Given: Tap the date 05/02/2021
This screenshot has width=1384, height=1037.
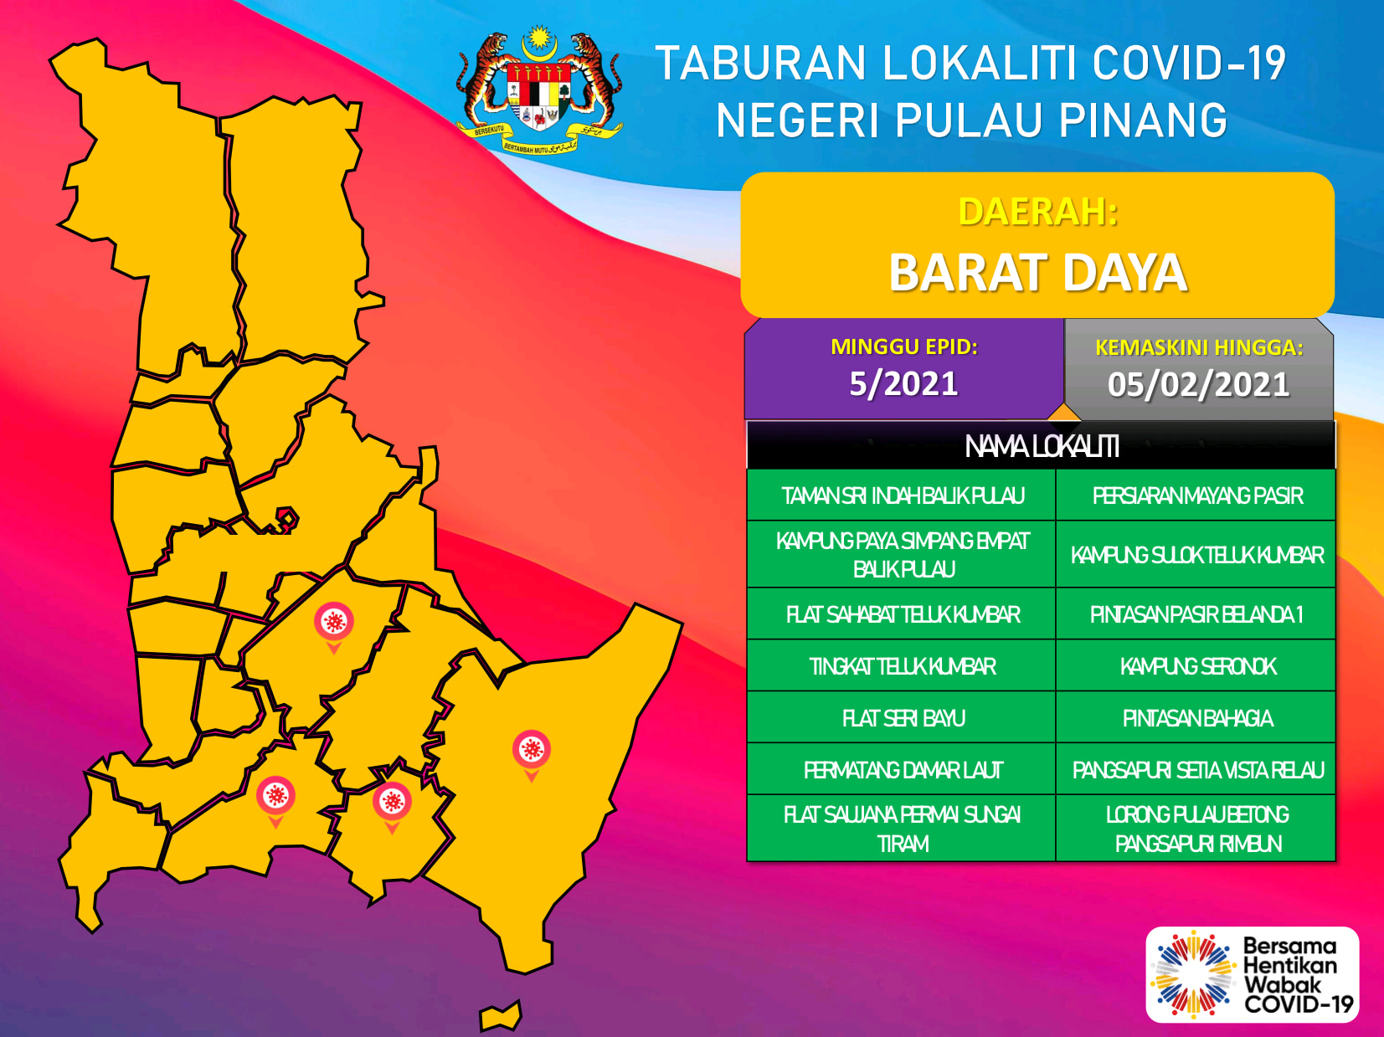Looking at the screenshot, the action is [1198, 384].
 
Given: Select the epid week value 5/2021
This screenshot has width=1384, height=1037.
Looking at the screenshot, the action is [903, 383].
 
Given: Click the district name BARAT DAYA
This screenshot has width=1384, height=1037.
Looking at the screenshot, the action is [1038, 272].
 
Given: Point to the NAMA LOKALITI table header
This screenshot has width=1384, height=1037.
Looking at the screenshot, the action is [1042, 446].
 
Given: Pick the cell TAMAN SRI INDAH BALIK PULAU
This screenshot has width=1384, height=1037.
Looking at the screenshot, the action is [902, 495].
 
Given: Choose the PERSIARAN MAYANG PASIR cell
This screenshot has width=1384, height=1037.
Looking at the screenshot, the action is [1196, 495].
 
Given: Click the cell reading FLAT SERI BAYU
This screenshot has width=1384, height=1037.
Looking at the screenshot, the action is [902, 717].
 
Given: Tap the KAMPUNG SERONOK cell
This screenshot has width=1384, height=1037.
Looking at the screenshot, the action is [1196, 666].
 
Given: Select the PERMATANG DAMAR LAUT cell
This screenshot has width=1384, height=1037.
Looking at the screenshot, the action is [902, 769].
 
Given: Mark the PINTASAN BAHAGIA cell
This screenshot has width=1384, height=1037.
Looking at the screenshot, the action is [1196, 717].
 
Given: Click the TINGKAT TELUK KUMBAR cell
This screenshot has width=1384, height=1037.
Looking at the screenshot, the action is [902, 666].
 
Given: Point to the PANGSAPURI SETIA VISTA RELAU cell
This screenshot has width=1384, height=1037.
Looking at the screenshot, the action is [1196, 769].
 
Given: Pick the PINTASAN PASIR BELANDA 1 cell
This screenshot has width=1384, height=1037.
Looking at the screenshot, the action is [1196, 614].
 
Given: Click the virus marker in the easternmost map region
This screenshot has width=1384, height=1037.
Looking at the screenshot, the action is [532, 755].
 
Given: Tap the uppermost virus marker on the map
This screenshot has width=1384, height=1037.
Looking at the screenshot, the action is [334, 627].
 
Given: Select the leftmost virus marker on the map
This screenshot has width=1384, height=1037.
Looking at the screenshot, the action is [275, 801].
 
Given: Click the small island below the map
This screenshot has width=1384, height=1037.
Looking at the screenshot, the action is [500, 1015].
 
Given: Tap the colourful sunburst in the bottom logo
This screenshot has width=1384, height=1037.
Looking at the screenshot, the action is [1191, 974].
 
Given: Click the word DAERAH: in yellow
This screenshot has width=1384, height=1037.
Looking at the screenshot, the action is [1038, 212].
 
